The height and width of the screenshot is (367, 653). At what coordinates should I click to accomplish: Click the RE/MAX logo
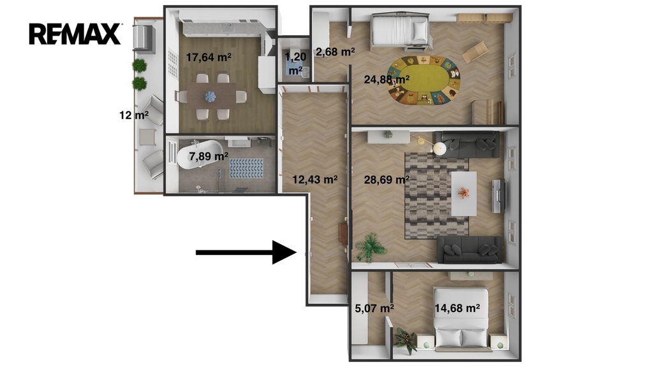point(75,34)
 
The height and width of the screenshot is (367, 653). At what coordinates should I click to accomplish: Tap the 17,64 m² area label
point(209,57)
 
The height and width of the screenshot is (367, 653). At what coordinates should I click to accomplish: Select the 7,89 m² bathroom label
point(209,157)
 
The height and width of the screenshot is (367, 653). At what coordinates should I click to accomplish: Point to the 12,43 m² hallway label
point(314,179)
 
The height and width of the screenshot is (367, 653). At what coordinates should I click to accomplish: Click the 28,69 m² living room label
point(386,179)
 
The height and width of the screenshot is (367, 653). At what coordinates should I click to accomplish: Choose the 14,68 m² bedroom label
point(457,308)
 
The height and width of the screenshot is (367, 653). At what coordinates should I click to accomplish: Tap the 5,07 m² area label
point(374,308)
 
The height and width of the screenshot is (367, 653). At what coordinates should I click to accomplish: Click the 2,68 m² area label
point(335,52)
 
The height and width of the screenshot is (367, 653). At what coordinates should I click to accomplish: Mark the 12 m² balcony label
point(134,115)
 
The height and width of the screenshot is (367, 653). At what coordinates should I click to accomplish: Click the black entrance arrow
point(246,252)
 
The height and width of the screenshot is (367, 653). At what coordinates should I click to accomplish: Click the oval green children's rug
point(424,80)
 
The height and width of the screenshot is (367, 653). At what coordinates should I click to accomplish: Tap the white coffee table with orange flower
point(464,194)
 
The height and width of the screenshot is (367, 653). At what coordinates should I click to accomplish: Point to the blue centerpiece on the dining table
point(210,97)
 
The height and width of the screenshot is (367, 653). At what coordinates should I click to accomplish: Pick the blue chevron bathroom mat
point(247,168)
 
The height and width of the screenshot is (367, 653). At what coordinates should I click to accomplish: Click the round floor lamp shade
point(440,148)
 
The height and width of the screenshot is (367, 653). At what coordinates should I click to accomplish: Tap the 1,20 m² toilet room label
point(295,63)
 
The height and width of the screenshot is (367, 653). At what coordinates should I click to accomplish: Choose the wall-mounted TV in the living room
point(499,196)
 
